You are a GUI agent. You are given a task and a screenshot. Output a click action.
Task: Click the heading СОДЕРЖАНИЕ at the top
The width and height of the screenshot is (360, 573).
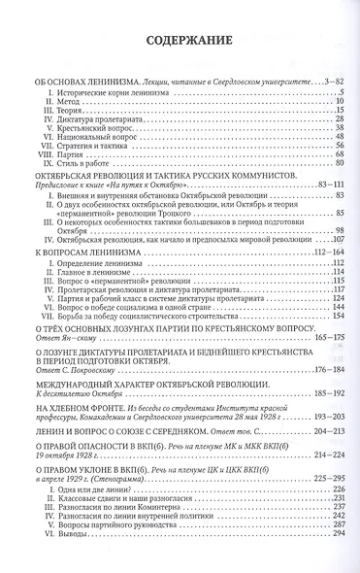coord(180,41)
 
